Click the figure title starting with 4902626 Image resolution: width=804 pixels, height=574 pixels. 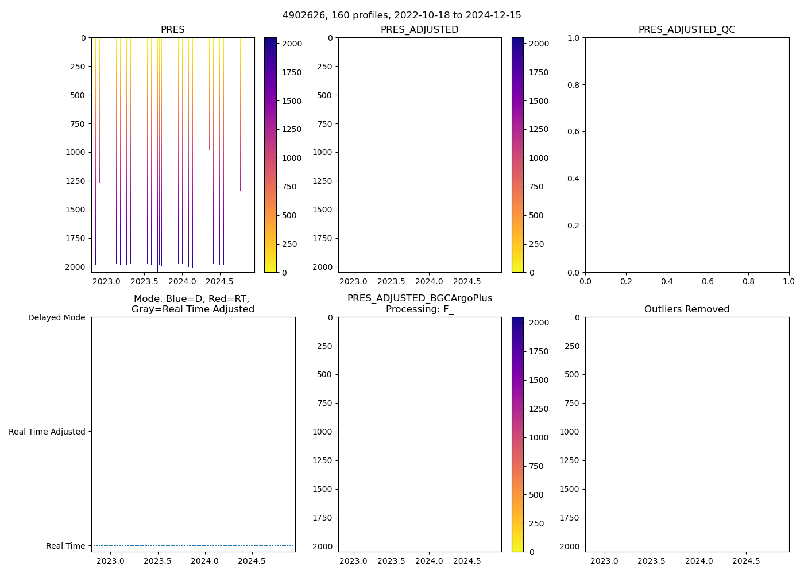(402, 15)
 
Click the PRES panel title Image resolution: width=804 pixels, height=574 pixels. (173, 30)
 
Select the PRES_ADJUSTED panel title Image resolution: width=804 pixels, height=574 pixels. (419, 30)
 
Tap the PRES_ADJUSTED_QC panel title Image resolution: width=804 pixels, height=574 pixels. (687, 30)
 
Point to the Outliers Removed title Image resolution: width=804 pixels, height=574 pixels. (687, 309)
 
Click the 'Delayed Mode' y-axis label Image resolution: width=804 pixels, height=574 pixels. (56, 317)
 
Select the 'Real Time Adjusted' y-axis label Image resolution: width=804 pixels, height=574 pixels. (47, 432)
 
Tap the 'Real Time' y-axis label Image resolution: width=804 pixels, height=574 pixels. (65, 546)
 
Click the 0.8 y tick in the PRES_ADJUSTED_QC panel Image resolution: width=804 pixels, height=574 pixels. (574, 85)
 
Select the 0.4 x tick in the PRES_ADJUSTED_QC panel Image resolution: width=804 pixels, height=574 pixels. (667, 282)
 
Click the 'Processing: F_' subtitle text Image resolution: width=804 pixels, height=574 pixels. (419, 309)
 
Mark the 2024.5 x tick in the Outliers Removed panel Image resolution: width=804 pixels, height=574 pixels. (747, 561)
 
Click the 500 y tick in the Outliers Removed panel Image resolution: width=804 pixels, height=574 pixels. (573, 374)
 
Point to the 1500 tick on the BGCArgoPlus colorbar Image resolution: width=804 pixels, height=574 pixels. (539, 380)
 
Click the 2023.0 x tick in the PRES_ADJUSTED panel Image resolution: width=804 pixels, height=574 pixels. (354, 282)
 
